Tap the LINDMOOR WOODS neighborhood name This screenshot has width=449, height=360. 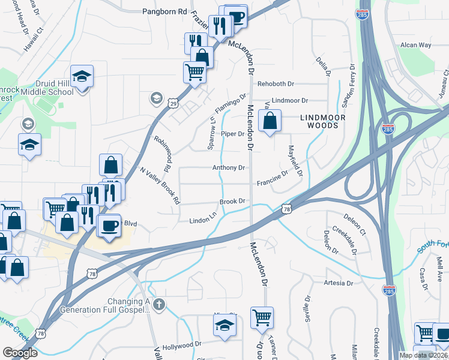tap(325, 119)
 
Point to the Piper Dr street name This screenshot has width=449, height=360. tap(232, 134)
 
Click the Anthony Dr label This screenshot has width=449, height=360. tap(229, 168)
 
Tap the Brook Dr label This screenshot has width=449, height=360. tap(232, 202)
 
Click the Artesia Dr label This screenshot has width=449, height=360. tap(338, 283)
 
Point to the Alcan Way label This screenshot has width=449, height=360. tap(416, 45)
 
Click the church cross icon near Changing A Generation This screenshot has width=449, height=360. tap(158, 304)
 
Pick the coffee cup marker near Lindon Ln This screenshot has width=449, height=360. tap(109, 226)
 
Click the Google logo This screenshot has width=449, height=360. tap(20, 353)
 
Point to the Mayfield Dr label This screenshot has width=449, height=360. tap(295, 160)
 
